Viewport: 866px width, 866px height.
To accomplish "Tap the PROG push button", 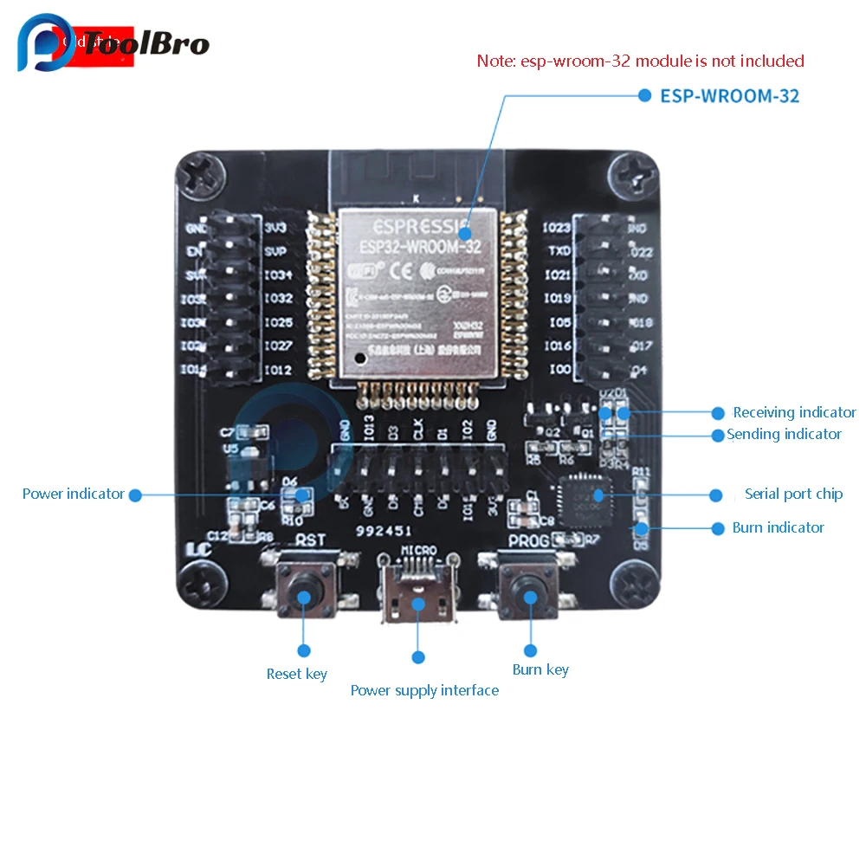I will [x=529, y=595].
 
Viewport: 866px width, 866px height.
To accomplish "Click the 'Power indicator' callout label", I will [x=74, y=494].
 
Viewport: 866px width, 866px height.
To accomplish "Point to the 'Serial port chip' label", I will [x=793, y=494].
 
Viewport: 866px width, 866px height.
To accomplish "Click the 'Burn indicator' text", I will [x=778, y=527].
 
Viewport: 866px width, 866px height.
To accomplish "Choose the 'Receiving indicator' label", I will [x=794, y=412].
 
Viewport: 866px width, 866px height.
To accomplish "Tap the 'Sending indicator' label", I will [x=785, y=434].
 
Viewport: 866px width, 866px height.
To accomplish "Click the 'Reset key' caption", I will [x=297, y=674].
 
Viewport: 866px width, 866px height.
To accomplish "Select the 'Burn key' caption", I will [x=540, y=669].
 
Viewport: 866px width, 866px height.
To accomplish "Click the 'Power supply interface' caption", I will [x=424, y=690].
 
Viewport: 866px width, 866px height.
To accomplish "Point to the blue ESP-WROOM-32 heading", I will [x=730, y=95].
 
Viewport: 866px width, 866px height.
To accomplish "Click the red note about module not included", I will [x=641, y=61].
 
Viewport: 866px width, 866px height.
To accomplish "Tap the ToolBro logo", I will [x=113, y=43].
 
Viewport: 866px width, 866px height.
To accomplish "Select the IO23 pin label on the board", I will [x=558, y=229].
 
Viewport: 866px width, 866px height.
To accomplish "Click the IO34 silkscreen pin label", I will [x=278, y=275].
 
